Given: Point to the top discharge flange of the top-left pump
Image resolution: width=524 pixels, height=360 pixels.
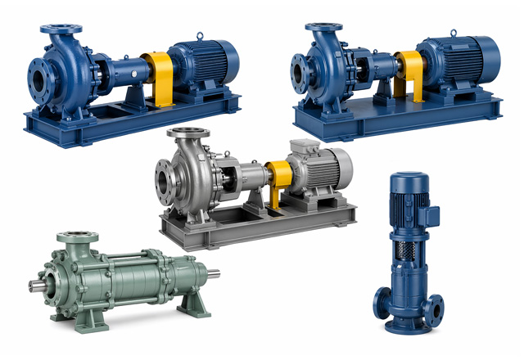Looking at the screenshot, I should [58, 30].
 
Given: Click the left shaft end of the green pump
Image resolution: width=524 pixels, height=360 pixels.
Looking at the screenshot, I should [36, 285].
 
